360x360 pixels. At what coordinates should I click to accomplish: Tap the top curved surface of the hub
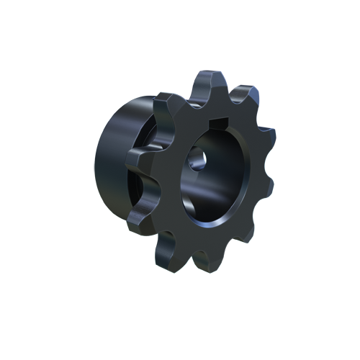pyautogui.click(x=126, y=115)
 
